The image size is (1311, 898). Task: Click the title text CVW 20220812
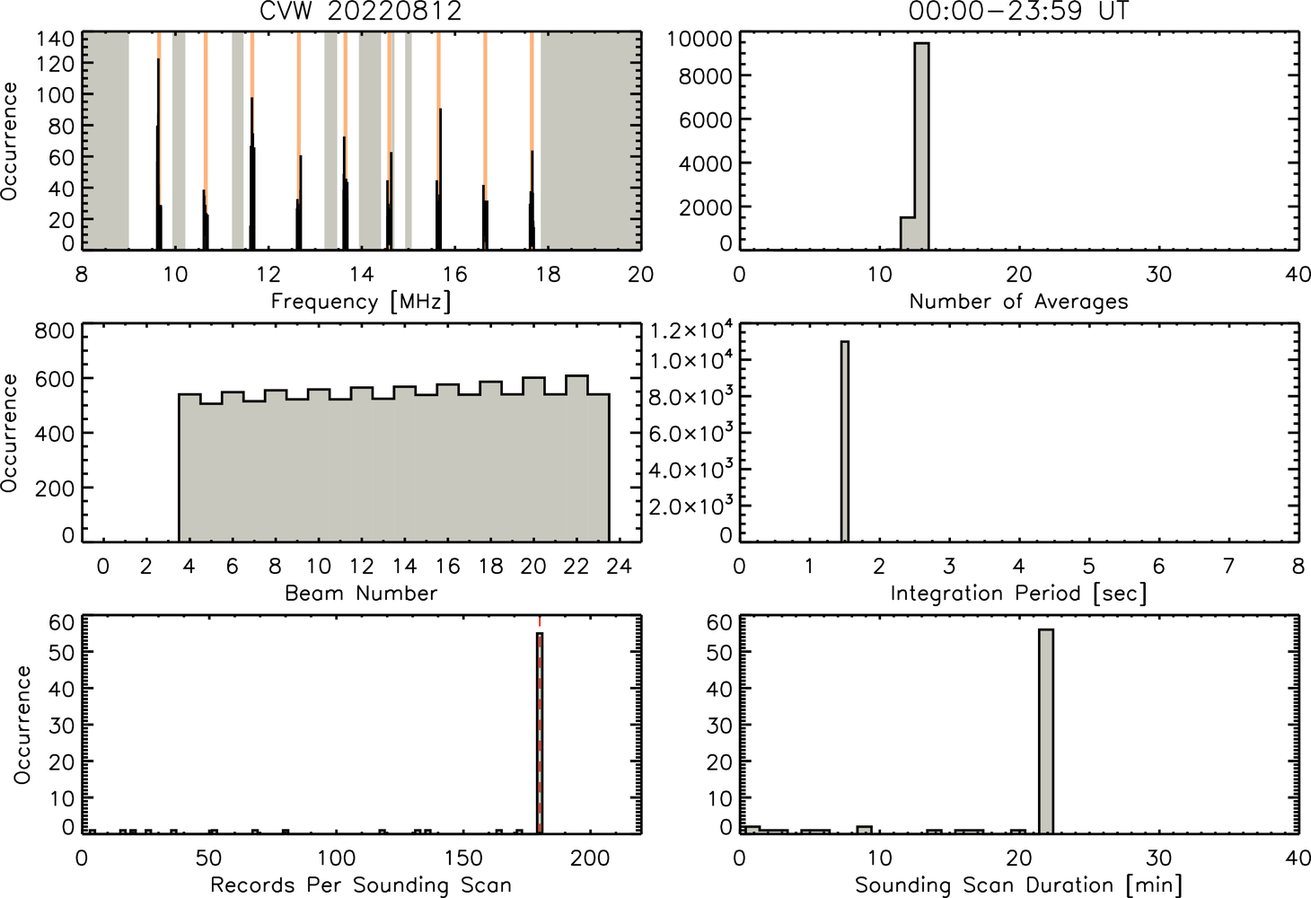pos(361,11)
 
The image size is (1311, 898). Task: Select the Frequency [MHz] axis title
pos(361,302)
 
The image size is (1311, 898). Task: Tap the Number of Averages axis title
pos(1018,301)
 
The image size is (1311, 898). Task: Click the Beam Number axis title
pos(361,593)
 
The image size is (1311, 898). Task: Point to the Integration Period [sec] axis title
pos(1018,594)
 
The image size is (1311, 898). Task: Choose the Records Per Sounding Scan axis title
pos(361,885)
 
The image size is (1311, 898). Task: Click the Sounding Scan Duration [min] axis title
pos(1018,885)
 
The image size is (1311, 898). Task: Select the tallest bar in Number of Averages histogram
pos(922,146)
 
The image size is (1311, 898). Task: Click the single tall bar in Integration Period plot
pos(845,442)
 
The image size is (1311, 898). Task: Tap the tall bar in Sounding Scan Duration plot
pos(1046,731)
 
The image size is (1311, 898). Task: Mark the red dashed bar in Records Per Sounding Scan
pos(540,733)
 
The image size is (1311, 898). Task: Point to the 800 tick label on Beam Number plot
pos(55,331)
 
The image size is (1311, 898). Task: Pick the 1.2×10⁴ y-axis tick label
pos(691,330)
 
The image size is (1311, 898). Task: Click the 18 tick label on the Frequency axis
pos(548,274)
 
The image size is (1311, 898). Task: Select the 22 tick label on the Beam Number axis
pos(576,566)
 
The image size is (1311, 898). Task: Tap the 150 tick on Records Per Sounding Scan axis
pos(463,858)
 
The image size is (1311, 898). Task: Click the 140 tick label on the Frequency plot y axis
pos(56,40)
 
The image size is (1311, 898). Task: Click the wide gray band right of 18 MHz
pos(590,141)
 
